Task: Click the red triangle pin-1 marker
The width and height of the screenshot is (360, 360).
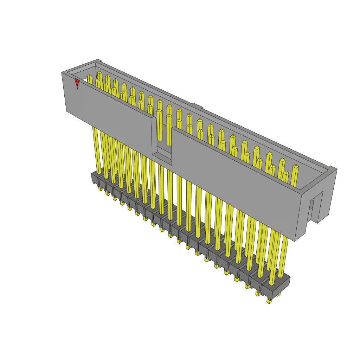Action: pos(77,83)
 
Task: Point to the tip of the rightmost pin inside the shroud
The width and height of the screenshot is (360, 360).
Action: pos(296,167)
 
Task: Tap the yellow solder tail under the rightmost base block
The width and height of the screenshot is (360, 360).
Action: pos(269,300)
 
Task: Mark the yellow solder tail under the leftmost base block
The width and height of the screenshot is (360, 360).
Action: pos(101,189)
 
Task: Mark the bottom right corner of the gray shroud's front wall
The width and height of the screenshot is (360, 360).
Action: pos(295,241)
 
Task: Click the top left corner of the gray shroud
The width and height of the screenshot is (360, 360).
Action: pos(62,73)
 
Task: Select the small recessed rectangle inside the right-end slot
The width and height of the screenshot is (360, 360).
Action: pos(311,205)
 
